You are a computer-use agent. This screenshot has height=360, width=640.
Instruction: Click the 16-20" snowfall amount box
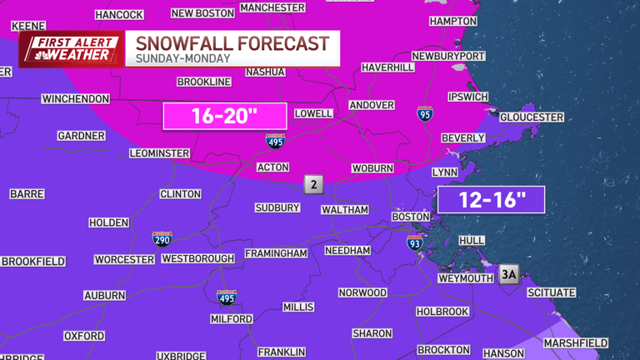(x=224, y=117)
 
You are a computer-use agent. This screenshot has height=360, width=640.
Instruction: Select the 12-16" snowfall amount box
(x=491, y=200)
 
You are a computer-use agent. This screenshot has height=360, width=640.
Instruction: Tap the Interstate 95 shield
(x=425, y=113)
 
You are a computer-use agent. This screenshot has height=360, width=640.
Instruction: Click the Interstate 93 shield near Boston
(x=414, y=242)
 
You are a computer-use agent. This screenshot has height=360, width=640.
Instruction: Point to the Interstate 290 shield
(x=163, y=239)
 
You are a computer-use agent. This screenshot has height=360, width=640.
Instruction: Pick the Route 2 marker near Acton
(x=313, y=185)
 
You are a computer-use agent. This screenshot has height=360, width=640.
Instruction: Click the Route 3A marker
(x=509, y=274)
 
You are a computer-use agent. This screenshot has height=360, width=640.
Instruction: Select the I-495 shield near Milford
(x=226, y=297)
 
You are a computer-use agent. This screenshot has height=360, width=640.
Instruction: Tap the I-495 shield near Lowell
(x=276, y=142)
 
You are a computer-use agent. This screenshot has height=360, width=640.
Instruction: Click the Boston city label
(x=410, y=217)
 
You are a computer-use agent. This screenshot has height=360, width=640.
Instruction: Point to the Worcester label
(x=124, y=259)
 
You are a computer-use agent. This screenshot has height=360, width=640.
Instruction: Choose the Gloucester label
(x=532, y=117)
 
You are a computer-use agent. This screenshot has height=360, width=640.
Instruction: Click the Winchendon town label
(x=76, y=99)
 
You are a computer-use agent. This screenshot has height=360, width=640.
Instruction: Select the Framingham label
(x=276, y=253)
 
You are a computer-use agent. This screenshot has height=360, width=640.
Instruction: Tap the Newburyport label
(x=448, y=56)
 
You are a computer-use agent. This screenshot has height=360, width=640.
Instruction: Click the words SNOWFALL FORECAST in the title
(x=232, y=43)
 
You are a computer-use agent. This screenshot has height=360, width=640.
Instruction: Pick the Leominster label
(x=160, y=153)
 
